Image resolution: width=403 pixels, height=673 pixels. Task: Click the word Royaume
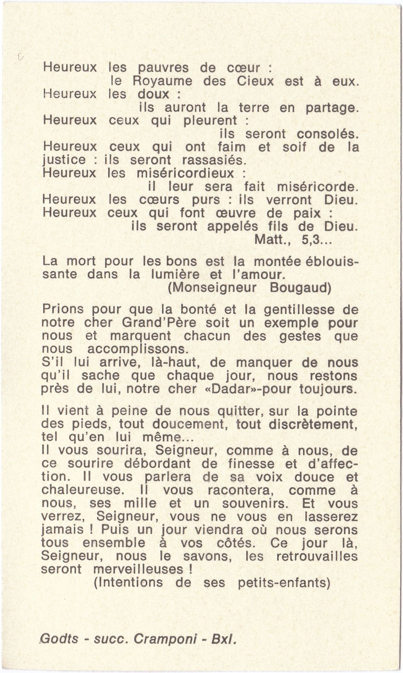[x=162, y=81]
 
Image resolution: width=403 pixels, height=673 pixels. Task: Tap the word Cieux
[x=255, y=81]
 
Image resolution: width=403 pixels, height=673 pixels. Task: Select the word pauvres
[x=163, y=68]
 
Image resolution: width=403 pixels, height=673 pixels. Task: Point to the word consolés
[x=328, y=134]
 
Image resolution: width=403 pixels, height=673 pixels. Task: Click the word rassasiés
[x=214, y=160]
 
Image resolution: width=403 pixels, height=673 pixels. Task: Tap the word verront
[x=289, y=200]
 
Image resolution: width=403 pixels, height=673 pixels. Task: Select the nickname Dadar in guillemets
[x=235, y=389]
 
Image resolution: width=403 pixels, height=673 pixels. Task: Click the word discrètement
[x=313, y=424]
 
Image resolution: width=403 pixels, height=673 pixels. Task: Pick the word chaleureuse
[x=81, y=490]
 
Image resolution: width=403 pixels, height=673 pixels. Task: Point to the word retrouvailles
[x=317, y=556]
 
